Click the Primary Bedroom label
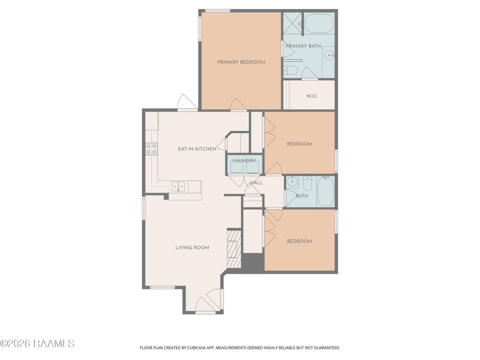tap(241, 62)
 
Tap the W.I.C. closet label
tap(312, 96)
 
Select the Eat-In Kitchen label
tap(197, 149)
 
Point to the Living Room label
tap(192, 247)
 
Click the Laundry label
tap(244, 161)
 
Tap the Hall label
tap(256, 183)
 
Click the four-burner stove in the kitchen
tap(151, 148)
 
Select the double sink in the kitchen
tap(178, 187)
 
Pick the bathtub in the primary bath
tap(319, 24)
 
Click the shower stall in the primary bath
tap(292, 23)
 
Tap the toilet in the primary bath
tap(291, 70)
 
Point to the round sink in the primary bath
tap(329, 55)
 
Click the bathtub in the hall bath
tap(325, 192)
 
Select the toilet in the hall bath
tap(307, 184)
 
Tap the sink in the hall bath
tap(291, 181)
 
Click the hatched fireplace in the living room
tap(234, 249)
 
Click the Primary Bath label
tap(303, 46)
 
